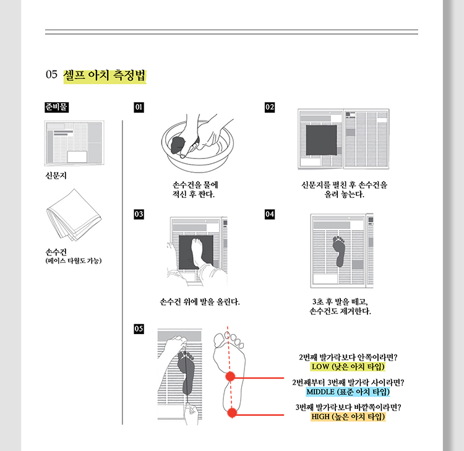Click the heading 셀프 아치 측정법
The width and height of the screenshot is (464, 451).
(x=105, y=75)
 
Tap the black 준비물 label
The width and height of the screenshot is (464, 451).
(x=56, y=107)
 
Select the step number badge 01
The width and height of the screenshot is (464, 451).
(x=139, y=107)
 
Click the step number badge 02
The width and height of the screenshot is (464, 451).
(x=270, y=107)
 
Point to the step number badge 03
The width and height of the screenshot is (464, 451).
(x=139, y=214)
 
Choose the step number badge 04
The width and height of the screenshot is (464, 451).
(x=270, y=214)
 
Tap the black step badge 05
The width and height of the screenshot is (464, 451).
(x=139, y=329)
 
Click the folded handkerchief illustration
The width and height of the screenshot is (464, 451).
(x=74, y=215)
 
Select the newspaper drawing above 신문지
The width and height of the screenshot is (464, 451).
(x=74, y=143)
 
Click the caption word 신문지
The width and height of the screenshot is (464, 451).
(x=56, y=176)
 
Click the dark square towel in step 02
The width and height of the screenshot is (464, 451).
(x=321, y=140)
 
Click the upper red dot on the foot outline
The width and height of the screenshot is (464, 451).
(x=230, y=376)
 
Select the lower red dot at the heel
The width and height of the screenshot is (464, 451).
(x=232, y=413)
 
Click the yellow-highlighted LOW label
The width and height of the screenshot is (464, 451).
(x=348, y=367)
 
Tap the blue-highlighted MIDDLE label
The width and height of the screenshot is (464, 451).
(x=348, y=392)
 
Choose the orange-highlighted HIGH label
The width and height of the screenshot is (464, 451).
(x=348, y=417)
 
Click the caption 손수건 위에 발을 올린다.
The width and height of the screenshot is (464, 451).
(x=200, y=302)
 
